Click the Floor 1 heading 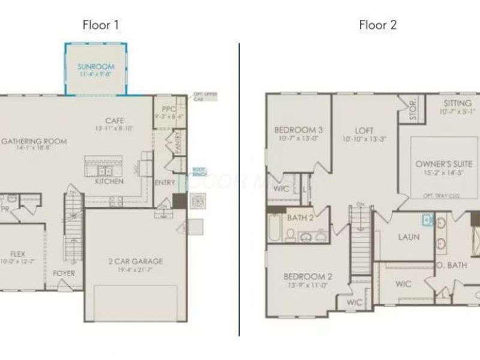[100, 25]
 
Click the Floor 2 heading [377, 25]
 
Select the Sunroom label [95, 67]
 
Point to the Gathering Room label [34, 142]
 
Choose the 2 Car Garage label [135, 261]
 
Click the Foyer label [64, 273]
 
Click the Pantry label [178, 144]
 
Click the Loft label [364, 130]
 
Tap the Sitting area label [458, 103]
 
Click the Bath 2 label [299, 217]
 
